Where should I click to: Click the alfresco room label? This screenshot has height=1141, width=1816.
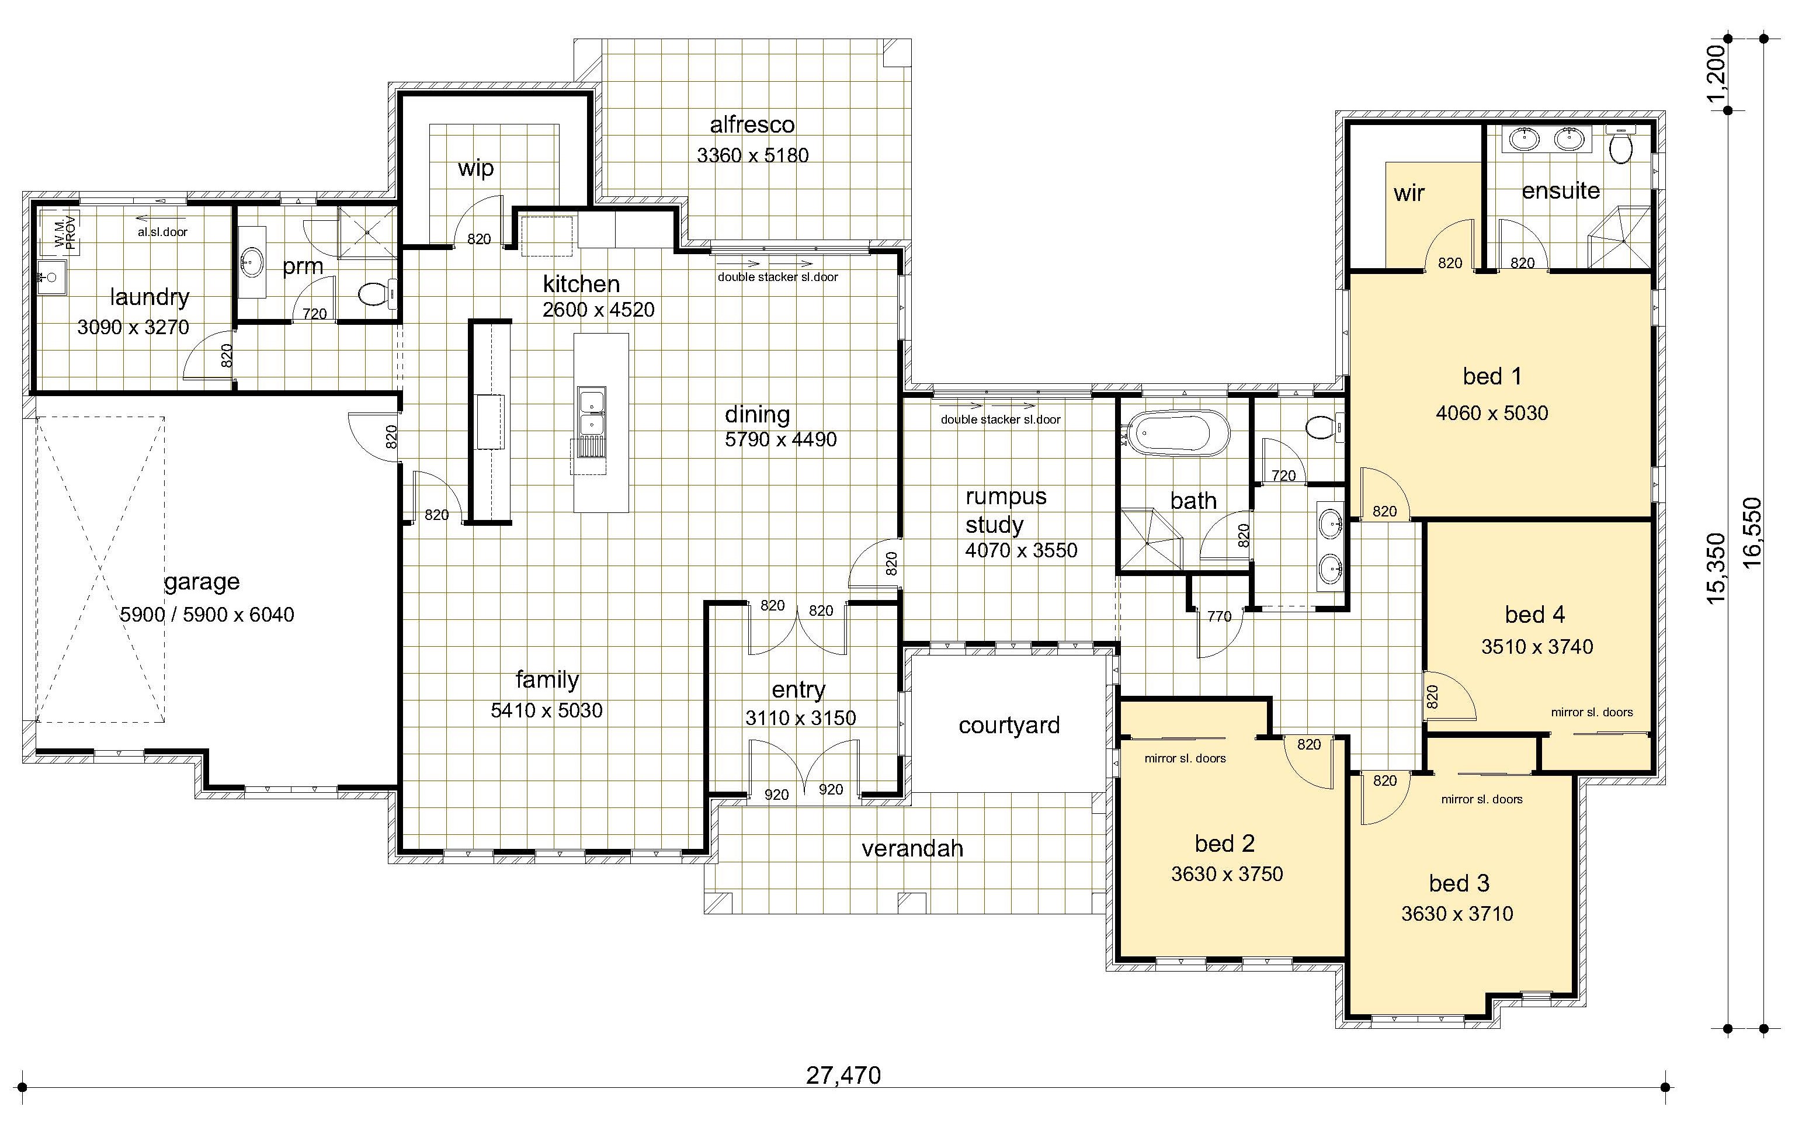(752, 124)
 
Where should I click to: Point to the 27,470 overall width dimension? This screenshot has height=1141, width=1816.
(843, 1074)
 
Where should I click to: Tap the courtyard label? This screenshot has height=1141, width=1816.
(1009, 726)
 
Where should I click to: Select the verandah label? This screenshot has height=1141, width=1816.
(912, 848)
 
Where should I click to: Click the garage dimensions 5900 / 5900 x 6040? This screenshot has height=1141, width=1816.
(207, 615)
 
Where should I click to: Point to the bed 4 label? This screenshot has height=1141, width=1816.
(1534, 615)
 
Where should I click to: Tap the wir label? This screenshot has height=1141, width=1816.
(1409, 193)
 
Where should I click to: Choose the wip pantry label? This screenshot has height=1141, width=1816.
(476, 168)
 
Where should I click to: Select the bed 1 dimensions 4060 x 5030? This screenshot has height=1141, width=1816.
(1492, 413)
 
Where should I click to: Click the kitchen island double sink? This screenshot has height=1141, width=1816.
(592, 412)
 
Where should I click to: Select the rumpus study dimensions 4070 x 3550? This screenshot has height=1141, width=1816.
(1021, 550)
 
